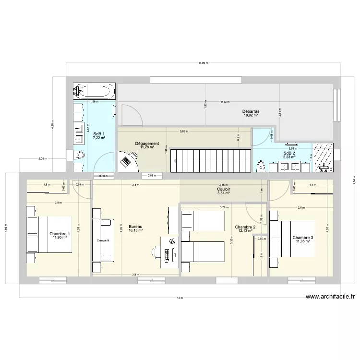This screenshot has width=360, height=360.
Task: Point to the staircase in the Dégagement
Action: tap(211, 159)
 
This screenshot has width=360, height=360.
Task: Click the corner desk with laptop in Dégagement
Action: tap(128, 162)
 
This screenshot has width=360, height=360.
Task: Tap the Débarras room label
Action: tap(251, 111)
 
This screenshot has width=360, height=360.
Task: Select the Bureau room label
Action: tap(136, 226)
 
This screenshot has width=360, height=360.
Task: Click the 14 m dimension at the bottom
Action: tap(180, 298)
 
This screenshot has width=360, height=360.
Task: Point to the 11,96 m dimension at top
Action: tap(204, 63)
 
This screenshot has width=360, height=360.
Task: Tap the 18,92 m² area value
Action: tap(251, 116)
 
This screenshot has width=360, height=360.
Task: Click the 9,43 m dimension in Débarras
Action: tap(225, 102)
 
